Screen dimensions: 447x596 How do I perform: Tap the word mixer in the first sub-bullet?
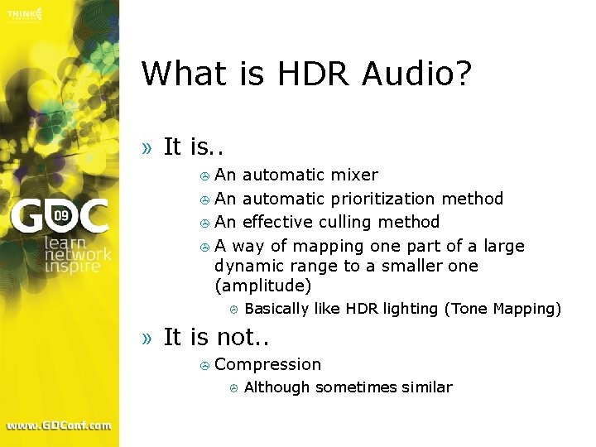354,175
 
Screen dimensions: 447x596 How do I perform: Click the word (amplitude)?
262,286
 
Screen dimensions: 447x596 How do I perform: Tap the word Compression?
267,364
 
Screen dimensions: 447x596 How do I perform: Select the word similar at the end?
429,387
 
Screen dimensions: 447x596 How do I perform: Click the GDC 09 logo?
60,218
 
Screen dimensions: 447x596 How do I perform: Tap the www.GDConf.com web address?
59,425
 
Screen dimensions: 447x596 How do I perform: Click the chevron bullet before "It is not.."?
147,338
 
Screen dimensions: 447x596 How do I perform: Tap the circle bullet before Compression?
204,365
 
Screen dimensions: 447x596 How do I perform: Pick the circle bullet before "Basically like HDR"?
234,310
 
